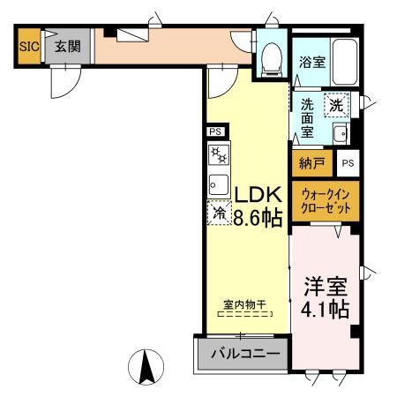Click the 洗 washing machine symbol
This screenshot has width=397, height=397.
click(336, 105)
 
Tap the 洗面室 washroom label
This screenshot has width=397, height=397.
click(307, 117)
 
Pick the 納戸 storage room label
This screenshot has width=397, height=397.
click(311, 163)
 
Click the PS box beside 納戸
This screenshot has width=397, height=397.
click(348, 163)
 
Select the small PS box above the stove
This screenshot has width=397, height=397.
click(215, 132)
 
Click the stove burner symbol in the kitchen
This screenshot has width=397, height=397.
click(217, 156)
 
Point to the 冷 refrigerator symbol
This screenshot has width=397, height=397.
click(218, 213)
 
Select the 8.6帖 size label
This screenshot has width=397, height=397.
click(258, 217)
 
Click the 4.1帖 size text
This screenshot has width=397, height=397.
click(326, 310)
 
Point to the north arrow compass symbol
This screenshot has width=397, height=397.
click(147, 365)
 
